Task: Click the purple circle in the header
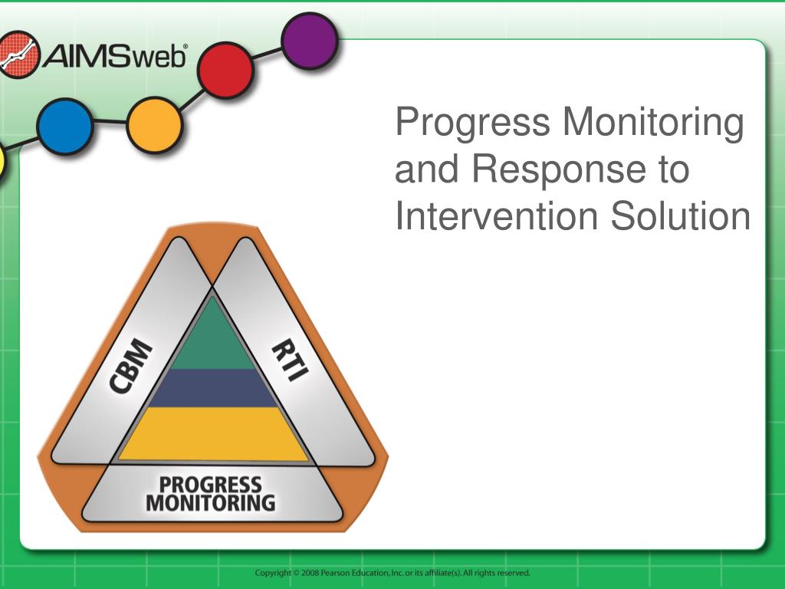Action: click(310, 41)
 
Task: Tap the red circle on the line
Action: click(225, 70)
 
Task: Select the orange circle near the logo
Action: click(154, 125)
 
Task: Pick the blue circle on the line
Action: click(65, 127)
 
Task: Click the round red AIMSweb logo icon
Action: click(18, 54)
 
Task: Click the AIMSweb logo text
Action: click(115, 55)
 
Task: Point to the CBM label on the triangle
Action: click(130, 366)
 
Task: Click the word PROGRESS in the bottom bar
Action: click(210, 485)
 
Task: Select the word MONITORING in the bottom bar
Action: click(211, 503)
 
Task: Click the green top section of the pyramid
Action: click(213, 336)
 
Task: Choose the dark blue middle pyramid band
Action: click(213, 388)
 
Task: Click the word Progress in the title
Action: click(472, 123)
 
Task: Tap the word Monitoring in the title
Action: click(653, 123)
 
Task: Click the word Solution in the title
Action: click(681, 216)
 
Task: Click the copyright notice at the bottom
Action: click(392, 573)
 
